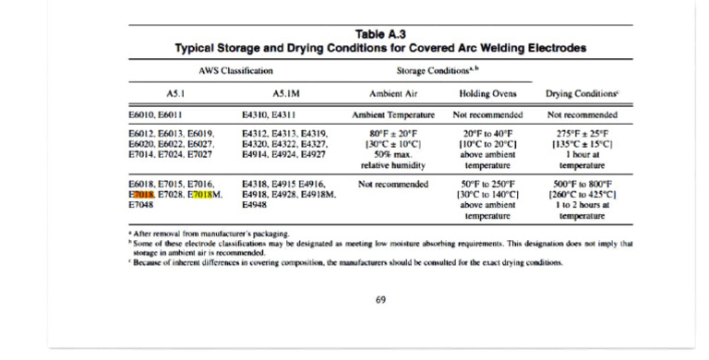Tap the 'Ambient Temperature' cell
393,115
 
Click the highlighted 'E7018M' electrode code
204,196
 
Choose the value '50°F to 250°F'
489,185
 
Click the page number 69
380,299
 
